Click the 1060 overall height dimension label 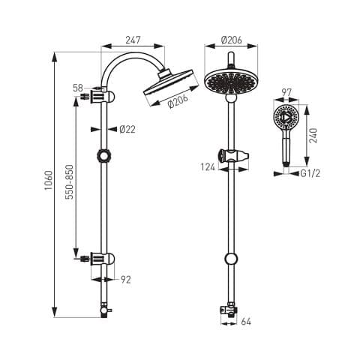[48, 180]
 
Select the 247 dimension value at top [133, 40]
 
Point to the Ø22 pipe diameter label [127, 129]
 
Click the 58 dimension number [78, 88]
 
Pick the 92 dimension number [126, 280]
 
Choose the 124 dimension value [208, 167]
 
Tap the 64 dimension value [246, 322]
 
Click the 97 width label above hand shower [286, 93]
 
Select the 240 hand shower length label [313, 136]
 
